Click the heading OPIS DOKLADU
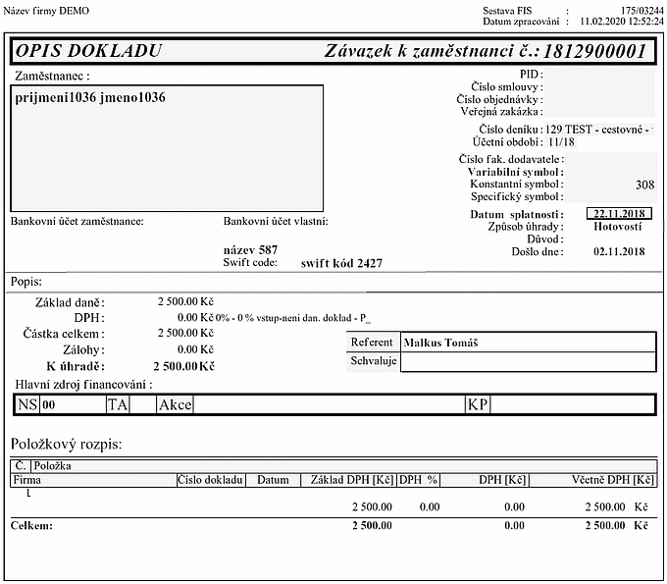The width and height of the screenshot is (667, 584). tap(88, 51)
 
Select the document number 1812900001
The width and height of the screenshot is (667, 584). tap(593, 51)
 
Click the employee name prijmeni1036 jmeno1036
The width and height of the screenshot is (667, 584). tap(90, 98)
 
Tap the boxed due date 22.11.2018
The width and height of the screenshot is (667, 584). tap(618, 214)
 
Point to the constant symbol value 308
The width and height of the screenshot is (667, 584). tap(644, 184)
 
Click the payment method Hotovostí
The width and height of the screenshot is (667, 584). tap(619, 227)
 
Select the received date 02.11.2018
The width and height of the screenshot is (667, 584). tap(619, 252)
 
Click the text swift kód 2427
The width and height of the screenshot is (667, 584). tap(341, 263)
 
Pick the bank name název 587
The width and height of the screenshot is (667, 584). tap(251, 250)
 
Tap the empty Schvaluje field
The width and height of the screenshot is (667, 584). tap(528, 361)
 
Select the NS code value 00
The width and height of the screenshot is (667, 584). tap(49, 404)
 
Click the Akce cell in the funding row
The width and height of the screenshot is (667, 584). tap(176, 404)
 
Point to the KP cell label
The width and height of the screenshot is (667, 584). tap(478, 404)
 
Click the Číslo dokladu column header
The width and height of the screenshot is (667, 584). tap(210, 480)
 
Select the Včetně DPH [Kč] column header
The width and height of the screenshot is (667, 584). tap(613, 480)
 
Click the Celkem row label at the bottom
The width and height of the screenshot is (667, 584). tap(30, 526)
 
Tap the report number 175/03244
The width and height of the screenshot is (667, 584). tap(634, 9)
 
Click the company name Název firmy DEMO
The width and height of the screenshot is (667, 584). tap(46, 10)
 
